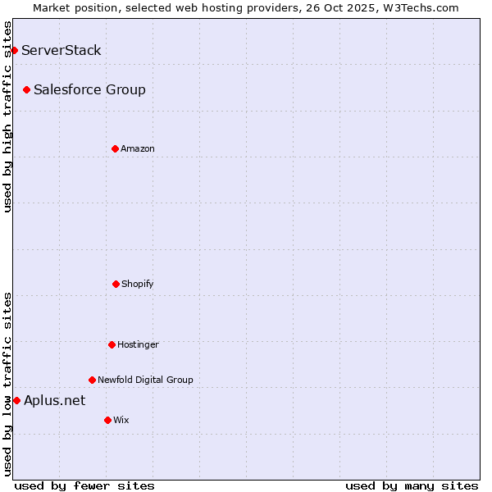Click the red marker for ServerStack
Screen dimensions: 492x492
[14, 50]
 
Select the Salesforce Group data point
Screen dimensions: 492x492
[26, 89]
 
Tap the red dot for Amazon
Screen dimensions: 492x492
[115, 148]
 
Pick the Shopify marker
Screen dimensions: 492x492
[116, 284]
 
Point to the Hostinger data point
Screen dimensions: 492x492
[112, 344]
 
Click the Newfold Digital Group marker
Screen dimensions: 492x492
[92, 380]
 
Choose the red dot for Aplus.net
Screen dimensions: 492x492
[16, 400]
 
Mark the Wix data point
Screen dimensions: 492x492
[107, 420]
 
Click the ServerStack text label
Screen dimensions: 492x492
[61, 50]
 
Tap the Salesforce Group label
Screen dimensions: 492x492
[89, 89]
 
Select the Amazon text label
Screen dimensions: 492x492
[138, 148]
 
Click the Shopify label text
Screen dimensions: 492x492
[138, 284]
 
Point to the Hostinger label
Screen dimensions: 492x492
[138, 344]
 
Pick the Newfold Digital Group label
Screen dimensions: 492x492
[145, 380]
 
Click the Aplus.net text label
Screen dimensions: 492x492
[54, 400]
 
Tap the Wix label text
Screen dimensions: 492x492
[121, 420]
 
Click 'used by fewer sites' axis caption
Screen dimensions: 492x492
[84, 485]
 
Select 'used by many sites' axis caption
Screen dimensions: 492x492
[412, 485]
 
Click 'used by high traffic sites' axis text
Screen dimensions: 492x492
[7, 116]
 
